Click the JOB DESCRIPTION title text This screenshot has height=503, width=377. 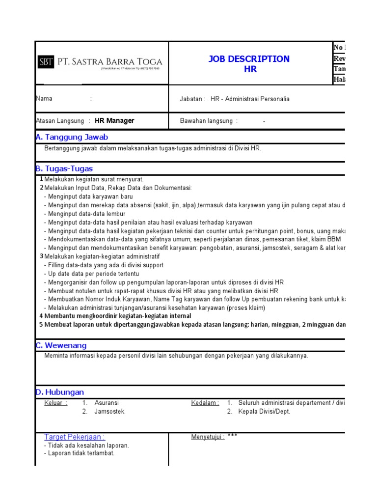249,59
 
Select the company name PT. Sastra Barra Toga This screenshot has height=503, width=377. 110,62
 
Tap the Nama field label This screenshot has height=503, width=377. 44,99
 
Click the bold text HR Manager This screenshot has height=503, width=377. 114,121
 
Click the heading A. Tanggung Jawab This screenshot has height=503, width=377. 72,137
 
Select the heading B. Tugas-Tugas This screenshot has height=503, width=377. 64,168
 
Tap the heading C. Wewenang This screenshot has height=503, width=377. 61,345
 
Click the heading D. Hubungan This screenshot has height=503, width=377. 60,392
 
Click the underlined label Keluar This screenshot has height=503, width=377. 55,403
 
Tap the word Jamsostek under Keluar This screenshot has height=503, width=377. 110,412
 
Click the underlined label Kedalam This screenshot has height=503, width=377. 205,403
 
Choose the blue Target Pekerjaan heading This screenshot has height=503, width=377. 75,437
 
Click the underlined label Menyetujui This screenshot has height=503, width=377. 208,436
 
